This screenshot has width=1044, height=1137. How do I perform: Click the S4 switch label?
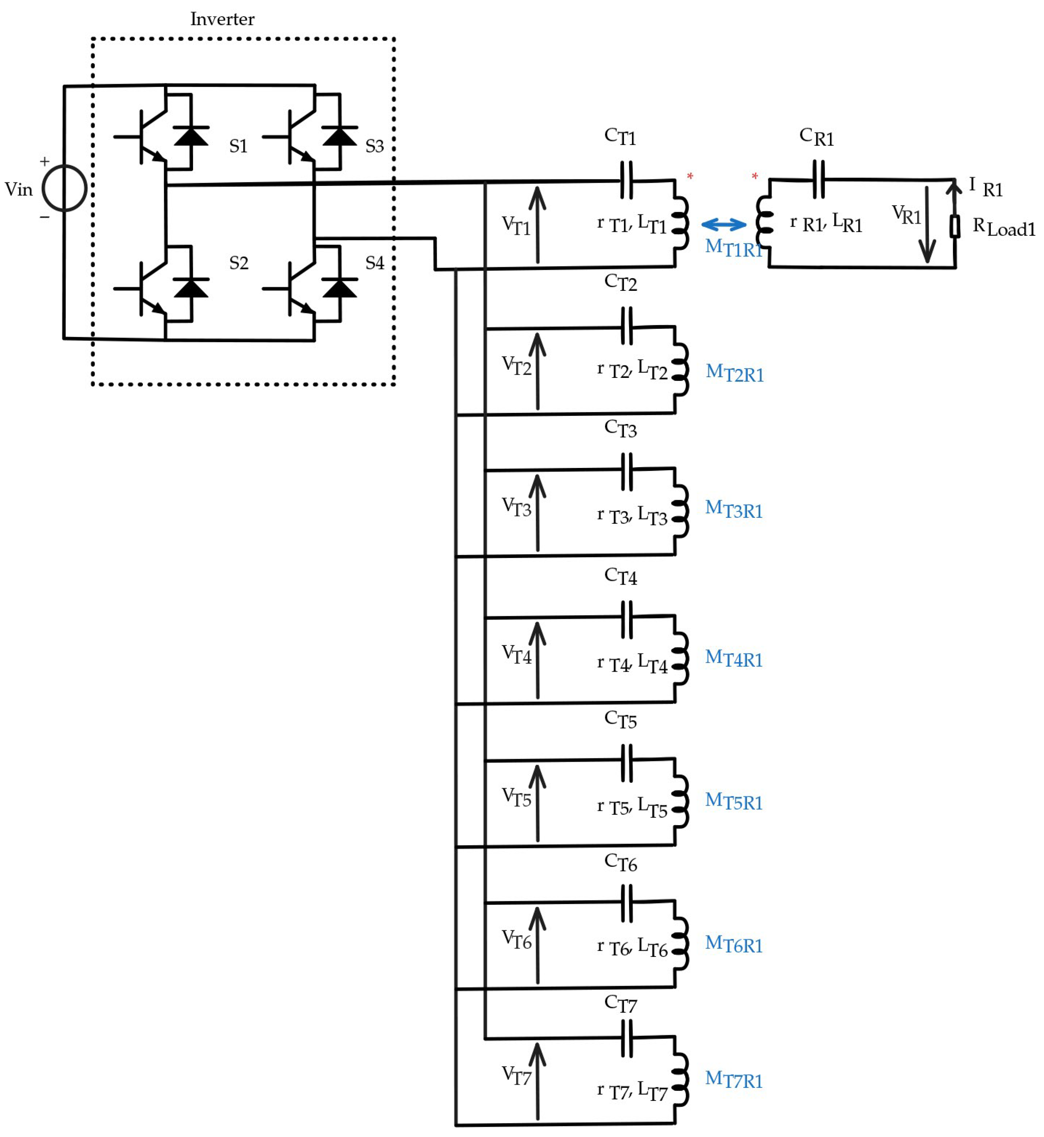tap(375, 263)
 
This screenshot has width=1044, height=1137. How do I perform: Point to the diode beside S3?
tap(340, 136)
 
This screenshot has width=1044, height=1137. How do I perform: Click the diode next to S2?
tap(191, 288)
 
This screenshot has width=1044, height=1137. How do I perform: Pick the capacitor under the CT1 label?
tap(626, 180)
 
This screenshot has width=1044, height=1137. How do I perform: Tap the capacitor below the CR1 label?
tap(818, 180)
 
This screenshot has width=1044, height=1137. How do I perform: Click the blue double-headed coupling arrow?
tap(724, 225)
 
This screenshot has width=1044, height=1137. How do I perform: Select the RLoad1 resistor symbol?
tap(955, 226)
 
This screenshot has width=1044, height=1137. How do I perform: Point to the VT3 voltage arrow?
tap(537, 513)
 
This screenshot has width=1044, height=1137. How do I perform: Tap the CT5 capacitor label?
tap(620, 719)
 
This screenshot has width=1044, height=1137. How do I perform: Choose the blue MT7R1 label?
tap(734, 1079)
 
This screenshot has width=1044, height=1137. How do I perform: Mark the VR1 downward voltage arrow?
tap(927, 225)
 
